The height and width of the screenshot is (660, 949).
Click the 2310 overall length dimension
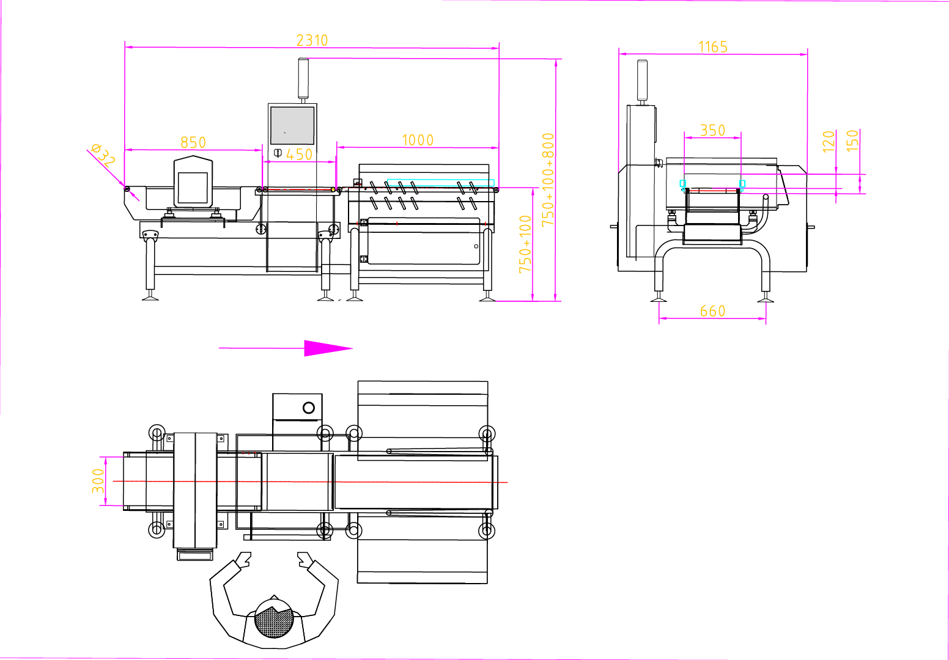[x=312, y=40]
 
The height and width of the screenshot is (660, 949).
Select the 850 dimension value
[x=193, y=142]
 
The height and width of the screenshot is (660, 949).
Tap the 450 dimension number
[x=299, y=154]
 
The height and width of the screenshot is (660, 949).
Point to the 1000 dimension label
[x=418, y=140]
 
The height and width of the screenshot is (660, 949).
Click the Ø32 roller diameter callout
[x=103, y=155]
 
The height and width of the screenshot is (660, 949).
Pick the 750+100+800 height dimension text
[x=548, y=179]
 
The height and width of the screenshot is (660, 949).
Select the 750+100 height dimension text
[x=525, y=244]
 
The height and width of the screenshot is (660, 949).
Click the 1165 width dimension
[x=713, y=47]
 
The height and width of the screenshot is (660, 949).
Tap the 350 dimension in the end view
[x=712, y=130]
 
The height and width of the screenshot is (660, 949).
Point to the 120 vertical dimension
[x=829, y=141]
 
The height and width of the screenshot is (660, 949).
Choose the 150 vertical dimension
[x=852, y=141]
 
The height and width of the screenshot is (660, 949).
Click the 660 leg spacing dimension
[x=712, y=311]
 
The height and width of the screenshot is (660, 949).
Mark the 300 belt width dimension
[x=98, y=481]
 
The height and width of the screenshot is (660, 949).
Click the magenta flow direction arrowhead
[x=328, y=348]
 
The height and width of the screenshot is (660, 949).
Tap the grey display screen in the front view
[x=292, y=125]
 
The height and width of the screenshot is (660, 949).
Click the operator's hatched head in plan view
[x=274, y=618]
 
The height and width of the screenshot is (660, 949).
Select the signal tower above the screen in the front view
[x=303, y=78]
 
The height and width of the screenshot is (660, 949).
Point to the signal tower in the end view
[x=642, y=80]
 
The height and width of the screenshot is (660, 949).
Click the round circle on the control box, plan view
[x=309, y=408]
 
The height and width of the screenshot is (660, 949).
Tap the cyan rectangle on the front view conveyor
[x=440, y=183]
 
